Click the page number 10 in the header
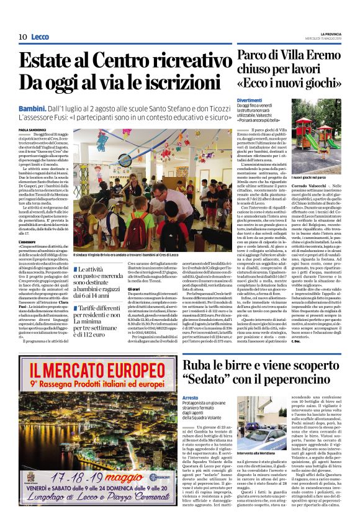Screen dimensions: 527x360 22,37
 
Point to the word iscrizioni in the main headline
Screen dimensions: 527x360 173,82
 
